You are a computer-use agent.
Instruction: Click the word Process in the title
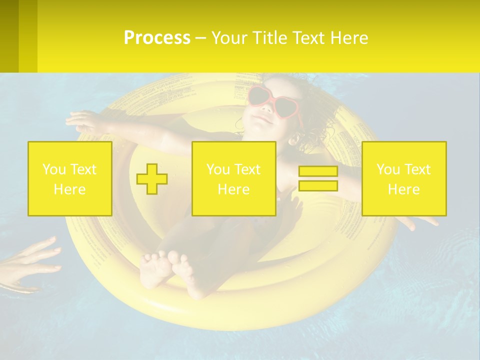click(157, 38)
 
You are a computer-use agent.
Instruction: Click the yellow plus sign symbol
click(152, 179)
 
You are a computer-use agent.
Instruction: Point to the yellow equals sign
click(318, 179)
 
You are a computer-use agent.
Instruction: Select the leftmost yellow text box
click(70, 179)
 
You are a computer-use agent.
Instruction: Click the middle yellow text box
click(234, 179)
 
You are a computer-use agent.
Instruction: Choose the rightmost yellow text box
click(404, 179)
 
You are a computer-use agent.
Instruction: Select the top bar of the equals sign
click(318, 171)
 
